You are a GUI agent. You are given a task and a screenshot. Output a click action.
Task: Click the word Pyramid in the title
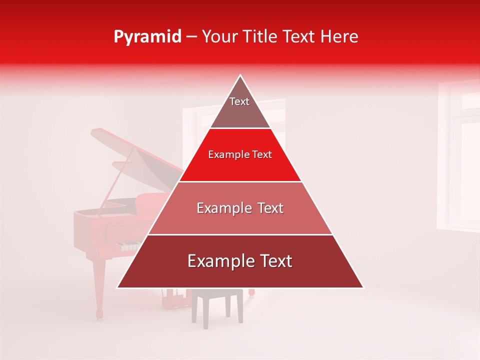click(x=147, y=37)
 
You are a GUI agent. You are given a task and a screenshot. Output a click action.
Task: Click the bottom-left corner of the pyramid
click(x=118, y=287)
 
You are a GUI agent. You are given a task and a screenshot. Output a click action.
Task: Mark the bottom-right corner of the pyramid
click(x=362, y=287)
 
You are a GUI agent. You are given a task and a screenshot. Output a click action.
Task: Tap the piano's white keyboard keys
click(x=127, y=246)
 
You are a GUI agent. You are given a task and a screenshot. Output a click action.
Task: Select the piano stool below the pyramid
click(x=217, y=305)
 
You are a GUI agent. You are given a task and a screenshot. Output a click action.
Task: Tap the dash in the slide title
click(x=191, y=37)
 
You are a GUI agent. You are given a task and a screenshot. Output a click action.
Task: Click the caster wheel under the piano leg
click(x=99, y=315)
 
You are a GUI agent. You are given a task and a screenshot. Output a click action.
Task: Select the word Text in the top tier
click(x=239, y=101)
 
